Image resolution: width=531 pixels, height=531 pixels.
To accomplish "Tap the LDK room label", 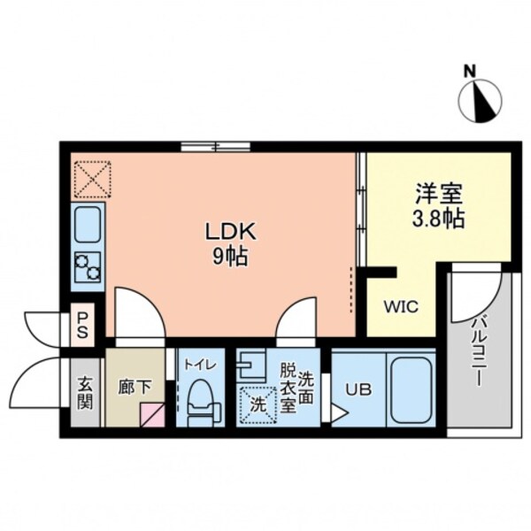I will [231, 233].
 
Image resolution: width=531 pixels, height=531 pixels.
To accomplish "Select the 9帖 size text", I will [231, 258].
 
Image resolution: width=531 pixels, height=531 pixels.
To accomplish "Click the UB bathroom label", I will [358, 387].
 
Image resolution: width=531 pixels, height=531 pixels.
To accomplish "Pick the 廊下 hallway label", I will [133, 387].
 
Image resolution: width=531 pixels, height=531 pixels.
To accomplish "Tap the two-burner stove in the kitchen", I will [88, 266].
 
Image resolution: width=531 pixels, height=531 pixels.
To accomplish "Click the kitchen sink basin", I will [88, 225].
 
